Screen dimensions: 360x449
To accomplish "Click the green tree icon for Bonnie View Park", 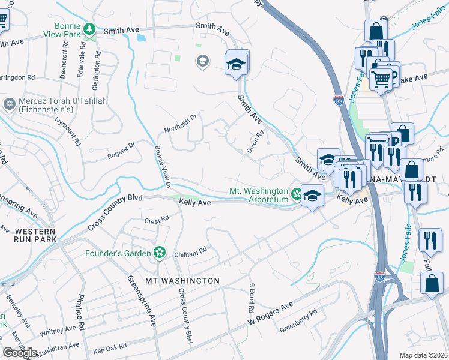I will click(x=89, y=29).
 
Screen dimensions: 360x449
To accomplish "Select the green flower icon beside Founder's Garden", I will click(x=159, y=253).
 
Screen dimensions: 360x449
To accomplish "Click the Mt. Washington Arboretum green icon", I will click(x=297, y=193).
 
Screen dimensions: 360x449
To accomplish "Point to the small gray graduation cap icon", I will click(x=202, y=61).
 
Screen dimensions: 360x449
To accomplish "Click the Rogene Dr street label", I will click(x=122, y=148).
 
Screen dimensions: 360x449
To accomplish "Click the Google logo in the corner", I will click(x=20, y=352).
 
